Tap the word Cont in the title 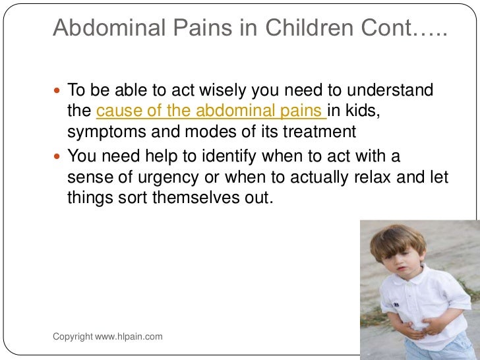pos(388,28)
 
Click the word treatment pos(319,132)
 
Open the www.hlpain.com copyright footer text pos(107,337)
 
